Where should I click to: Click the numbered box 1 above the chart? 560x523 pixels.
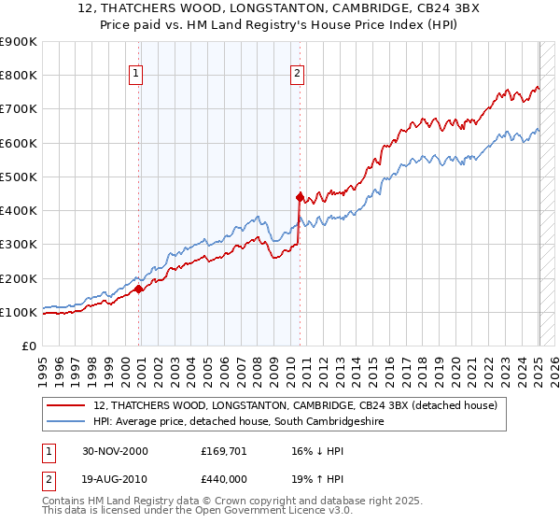[136, 74]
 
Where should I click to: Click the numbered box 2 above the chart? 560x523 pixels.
[297, 74]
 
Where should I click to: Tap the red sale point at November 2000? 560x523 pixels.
[139, 289]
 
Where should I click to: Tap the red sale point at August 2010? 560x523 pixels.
[300, 197]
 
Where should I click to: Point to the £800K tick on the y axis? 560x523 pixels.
[19, 76]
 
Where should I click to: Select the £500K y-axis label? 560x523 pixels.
[19, 177]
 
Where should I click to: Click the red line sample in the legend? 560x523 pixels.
[66, 405]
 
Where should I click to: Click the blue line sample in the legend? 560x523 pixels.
[66, 422]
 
